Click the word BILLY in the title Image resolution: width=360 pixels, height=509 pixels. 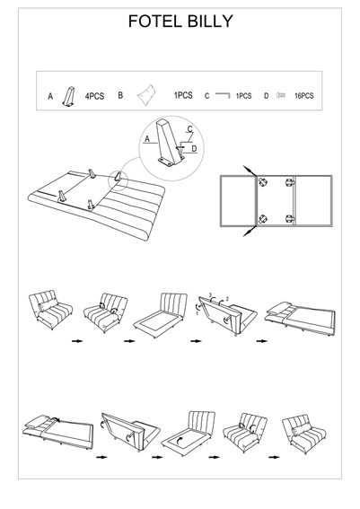click(x=210, y=22)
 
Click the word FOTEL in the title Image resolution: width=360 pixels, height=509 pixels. click(x=154, y=22)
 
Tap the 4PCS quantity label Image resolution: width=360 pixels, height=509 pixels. click(x=94, y=96)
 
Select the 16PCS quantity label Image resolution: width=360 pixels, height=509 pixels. click(x=303, y=96)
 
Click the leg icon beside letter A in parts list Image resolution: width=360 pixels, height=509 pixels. click(x=69, y=96)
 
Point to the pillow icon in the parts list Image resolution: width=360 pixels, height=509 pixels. click(x=146, y=94)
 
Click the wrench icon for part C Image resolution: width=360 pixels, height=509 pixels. click(x=223, y=95)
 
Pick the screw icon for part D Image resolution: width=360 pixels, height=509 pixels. click(x=281, y=95)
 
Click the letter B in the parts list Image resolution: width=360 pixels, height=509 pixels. click(x=120, y=95)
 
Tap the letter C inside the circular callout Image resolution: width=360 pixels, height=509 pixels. click(x=190, y=129)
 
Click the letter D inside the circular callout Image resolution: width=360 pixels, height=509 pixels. click(x=194, y=149)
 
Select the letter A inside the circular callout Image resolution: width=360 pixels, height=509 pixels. click(x=147, y=139)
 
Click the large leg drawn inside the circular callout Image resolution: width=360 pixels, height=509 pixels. click(x=170, y=143)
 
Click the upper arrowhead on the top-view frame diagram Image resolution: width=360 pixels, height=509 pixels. click(x=247, y=169)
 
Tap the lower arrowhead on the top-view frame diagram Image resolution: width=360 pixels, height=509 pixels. click(x=247, y=233)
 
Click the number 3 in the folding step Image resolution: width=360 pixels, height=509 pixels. click(x=210, y=295)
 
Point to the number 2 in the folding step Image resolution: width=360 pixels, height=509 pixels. click(x=227, y=299)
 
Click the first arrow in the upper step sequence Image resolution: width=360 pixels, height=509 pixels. click(x=77, y=341)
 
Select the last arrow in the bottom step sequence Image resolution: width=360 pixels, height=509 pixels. click(x=274, y=457)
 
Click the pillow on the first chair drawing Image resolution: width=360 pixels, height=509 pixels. click(x=48, y=305)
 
